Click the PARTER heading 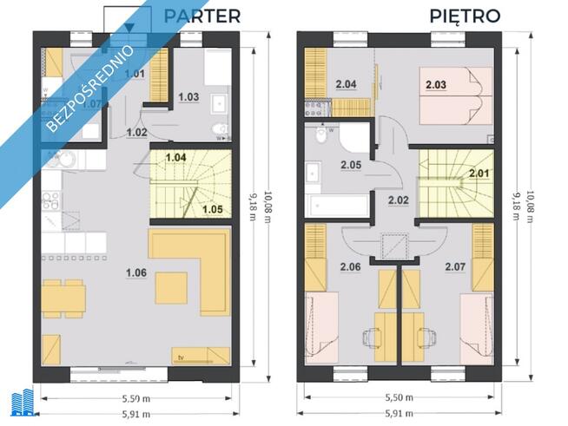[201, 15]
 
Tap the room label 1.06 [135, 273]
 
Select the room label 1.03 [190, 95]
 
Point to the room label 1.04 [175, 158]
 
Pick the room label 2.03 [436, 84]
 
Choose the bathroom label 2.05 [351, 164]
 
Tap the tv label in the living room [182, 356]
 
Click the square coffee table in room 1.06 [171, 287]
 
